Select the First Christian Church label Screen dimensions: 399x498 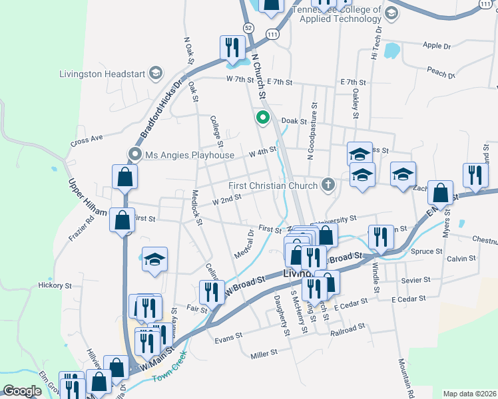274,185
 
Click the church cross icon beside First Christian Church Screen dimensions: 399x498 328,184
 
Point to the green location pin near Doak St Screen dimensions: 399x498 263,119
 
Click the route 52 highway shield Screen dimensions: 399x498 248,28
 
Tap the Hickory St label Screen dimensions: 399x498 55,285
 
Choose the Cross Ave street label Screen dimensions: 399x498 87,140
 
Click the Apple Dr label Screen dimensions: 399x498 436,46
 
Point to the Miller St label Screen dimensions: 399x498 264,355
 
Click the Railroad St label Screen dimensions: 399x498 348,328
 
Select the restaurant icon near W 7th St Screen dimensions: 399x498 231,47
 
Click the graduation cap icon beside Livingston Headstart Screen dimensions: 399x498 156,72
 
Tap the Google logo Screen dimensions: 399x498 22,391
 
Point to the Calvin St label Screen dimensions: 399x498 462,258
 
